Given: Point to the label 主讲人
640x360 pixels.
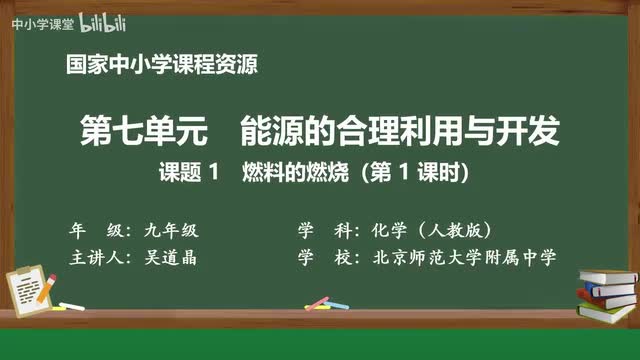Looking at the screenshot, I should pyautogui.click(x=95, y=257).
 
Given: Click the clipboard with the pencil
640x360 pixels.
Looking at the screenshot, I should pyautogui.click(x=31, y=282).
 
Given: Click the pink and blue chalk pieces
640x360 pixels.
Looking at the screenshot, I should pyautogui.click(x=317, y=302).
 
